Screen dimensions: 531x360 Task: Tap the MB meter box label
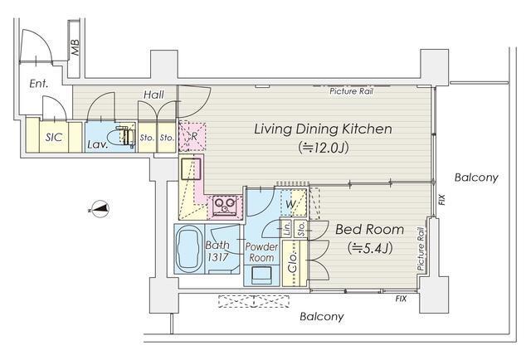point(75,47)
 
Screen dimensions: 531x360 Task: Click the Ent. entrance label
point(39,84)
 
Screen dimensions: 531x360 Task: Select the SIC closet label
point(54,138)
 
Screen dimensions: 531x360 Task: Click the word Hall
point(153,95)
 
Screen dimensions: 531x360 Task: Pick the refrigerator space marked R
point(192,136)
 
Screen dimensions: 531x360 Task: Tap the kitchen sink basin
point(190,168)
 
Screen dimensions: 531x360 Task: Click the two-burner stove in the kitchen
point(225,205)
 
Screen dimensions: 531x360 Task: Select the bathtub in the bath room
point(189,250)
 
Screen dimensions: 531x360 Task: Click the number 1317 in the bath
point(217,257)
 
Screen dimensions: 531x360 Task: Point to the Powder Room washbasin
point(261,275)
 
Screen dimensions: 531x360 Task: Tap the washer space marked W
point(290,204)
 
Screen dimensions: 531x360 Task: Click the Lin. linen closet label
point(287,228)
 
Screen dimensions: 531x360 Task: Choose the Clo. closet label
point(293,263)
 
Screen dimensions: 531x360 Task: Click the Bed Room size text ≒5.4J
point(370,249)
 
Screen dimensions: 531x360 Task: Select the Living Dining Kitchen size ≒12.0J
point(323,148)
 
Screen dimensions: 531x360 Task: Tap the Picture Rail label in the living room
point(352,91)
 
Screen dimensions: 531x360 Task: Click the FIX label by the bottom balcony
point(401,299)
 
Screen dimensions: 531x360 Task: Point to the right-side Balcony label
point(476,178)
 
